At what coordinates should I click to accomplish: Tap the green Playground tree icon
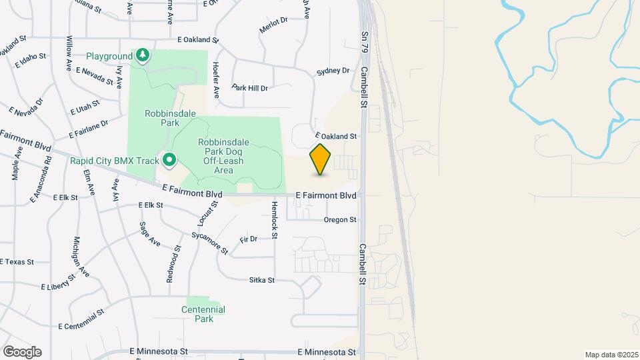[x=141, y=56]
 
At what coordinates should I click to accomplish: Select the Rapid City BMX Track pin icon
[x=169, y=160]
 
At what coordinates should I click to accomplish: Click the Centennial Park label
[x=203, y=314]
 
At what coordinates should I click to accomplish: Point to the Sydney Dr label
[x=333, y=71]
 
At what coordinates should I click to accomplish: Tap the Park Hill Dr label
[x=249, y=87]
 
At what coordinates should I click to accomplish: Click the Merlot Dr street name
[x=273, y=25]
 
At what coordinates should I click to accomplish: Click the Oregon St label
[x=340, y=219]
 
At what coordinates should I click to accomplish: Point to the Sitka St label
[x=262, y=280]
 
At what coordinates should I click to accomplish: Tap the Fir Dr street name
[x=249, y=239]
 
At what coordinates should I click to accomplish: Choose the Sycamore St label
[x=210, y=243]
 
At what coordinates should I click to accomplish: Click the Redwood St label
[x=174, y=264]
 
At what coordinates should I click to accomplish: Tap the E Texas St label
[x=17, y=262]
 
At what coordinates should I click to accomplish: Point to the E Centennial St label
[x=81, y=319]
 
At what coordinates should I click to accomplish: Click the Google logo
[x=22, y=352]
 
